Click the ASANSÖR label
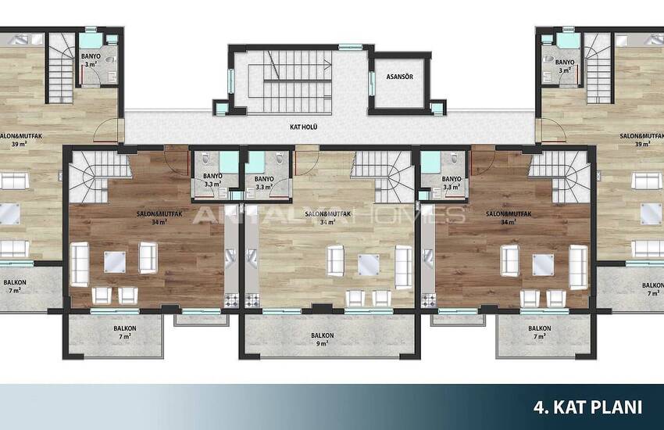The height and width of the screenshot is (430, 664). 399,77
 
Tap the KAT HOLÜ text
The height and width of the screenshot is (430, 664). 303,127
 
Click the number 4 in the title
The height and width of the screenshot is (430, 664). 538,407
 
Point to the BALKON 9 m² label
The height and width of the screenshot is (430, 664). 323,339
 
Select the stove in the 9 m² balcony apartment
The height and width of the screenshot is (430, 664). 252,300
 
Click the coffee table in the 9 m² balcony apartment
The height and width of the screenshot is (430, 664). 369,265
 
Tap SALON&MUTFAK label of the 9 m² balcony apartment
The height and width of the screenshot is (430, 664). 328,218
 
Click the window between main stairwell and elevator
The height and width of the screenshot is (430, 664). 372,84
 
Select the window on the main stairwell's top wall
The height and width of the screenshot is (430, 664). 349,47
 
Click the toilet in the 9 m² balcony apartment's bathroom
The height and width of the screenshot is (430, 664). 279,159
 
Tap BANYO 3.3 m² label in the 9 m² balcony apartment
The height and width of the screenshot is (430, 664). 264,183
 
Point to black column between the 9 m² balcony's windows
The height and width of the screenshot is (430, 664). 323,308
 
